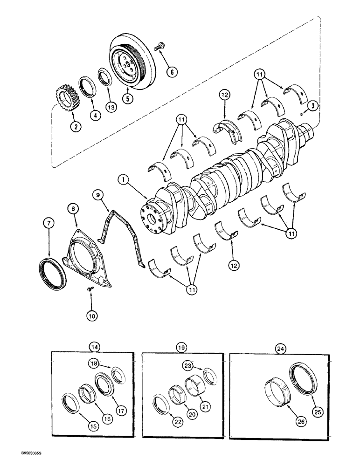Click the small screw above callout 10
[90, 290]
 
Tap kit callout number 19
[181, 347]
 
